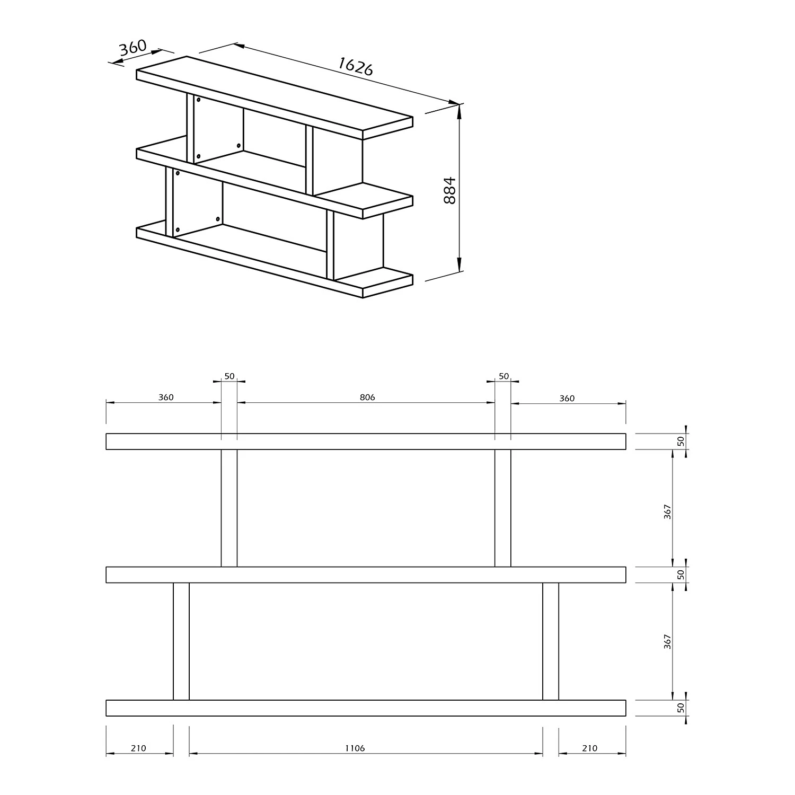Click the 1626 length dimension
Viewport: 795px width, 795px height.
coord(356,66)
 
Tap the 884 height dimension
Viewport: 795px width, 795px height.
coord(449,190)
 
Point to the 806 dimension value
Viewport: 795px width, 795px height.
coord(367,397)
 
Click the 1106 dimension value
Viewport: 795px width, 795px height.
coord(355,748)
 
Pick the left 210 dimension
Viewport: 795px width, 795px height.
coord(138,748)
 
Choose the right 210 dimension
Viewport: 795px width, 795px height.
coord(589,748)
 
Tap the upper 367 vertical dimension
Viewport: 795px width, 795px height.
coord(668,511)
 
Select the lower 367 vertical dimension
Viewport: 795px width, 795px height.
coord(668,642)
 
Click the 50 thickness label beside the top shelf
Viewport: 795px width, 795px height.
coord(682,440)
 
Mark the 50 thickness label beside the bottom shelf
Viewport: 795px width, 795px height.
coord(682,707)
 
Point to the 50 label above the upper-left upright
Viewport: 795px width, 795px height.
coord(229,376)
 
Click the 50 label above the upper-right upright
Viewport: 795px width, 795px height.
coord(503,376)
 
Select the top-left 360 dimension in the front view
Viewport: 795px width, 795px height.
coord(166,397)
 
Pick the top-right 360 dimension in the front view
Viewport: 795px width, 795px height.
coord(567,398)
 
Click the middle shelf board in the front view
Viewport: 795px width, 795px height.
coord(366,575)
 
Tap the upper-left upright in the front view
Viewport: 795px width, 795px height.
coord(229,508)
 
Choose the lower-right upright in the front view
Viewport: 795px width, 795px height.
coord(551,641)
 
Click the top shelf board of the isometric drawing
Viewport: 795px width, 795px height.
coord(275,98)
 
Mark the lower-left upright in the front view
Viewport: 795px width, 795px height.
coord(181,641)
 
